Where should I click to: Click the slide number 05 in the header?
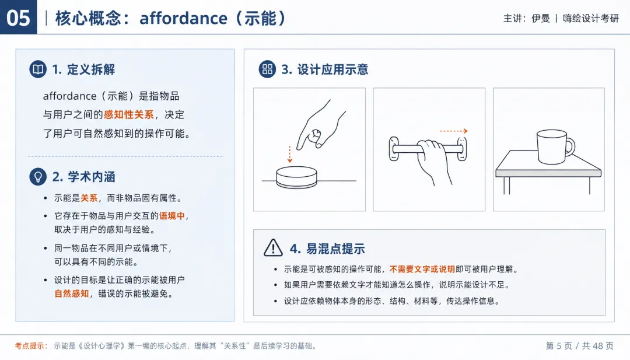(x=19, y=18)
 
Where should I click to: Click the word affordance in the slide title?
(x=183, y=19)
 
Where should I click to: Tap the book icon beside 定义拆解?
(x=38, y=69)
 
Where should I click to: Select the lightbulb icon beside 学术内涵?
(x=38, y=176)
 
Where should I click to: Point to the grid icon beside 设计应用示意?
(x=267, y=69)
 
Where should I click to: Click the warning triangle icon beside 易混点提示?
(x=273, y=247)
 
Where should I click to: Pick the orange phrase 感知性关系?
(x=128, y=114)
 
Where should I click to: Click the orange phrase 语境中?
(x=172, y=216)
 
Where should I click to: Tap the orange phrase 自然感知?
(x=72, y=293)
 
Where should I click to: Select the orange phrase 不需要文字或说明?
(x=422, y=269)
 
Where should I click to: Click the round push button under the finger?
(x=296, y=177)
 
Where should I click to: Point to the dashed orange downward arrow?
(x=290, y=154)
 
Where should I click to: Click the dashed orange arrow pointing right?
(x=454, y=131)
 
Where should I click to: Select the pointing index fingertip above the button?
(x=299, y=147)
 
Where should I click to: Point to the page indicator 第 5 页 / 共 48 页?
(x=580, y=346)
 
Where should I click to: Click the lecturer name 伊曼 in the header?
(x=540, y=19)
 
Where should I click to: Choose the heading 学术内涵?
(x=91, y=177)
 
